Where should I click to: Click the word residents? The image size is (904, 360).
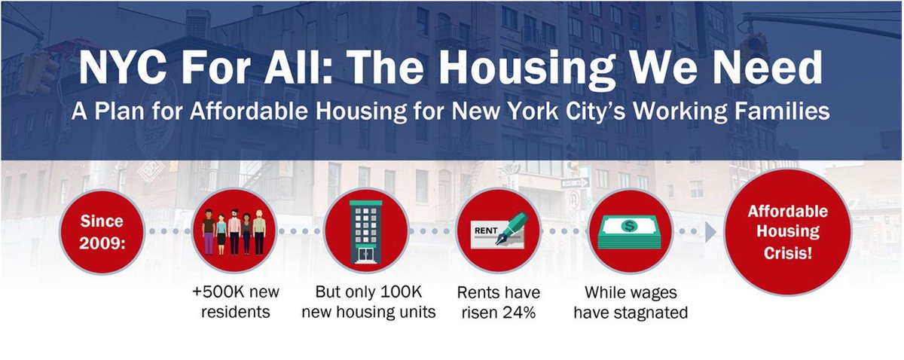[235, 312]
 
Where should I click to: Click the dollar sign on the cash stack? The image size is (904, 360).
[630, 224]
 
